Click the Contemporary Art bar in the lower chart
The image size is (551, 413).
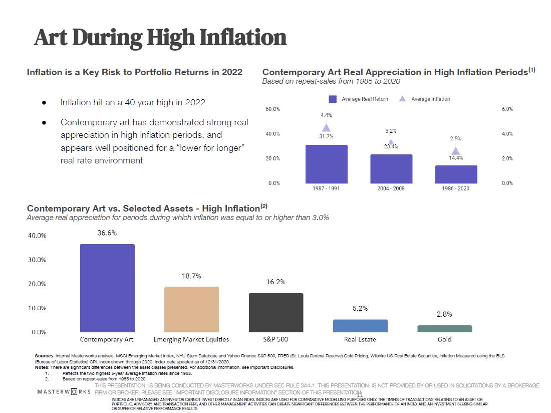107,288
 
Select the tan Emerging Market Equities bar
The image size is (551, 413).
191,309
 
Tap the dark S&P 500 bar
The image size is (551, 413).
276,312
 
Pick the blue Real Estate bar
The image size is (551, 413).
360,326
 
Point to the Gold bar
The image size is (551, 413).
444,329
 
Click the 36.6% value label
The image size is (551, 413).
107,233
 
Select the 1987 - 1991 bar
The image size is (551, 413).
326,164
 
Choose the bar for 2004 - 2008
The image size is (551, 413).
391,169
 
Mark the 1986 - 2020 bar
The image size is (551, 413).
456,174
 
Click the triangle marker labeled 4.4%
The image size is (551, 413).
326,127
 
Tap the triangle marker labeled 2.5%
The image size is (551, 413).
456,151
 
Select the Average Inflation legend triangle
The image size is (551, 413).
402,99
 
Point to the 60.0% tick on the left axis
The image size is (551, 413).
273,109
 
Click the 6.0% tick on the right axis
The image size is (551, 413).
507,109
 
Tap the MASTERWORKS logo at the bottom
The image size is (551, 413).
64,391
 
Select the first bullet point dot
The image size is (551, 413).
45,102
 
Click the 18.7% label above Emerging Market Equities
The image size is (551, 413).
191,276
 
